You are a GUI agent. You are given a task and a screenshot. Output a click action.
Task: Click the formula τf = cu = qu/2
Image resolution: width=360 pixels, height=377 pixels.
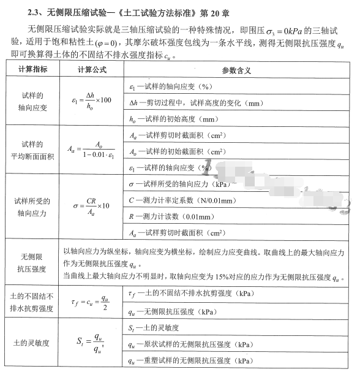(92, 300)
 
